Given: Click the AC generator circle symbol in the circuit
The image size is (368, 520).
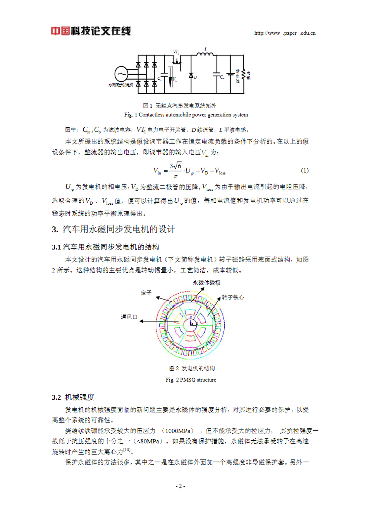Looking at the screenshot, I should pos(121,74).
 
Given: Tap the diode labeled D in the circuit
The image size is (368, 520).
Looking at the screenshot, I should pos(191,75).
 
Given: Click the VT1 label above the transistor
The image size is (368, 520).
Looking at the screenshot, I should pos(176,52).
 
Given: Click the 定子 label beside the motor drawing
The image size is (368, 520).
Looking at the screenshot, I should pos(146,293).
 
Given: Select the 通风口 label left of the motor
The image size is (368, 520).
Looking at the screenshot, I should pos(129,317).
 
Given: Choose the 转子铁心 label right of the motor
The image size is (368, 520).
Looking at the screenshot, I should pos(233,297).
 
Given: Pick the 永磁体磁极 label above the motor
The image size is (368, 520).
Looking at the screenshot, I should pos(206,283).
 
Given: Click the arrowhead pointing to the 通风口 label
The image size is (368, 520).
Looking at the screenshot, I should pos(142,321).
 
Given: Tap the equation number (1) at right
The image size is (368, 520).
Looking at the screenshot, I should pos(305,170).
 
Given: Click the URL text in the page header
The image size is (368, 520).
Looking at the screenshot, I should pos(285,33).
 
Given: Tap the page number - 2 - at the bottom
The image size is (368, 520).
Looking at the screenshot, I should pos(181,486).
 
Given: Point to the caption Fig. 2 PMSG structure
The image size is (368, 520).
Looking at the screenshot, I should pos(191,380).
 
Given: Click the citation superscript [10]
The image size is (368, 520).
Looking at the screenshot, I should pos(127,450).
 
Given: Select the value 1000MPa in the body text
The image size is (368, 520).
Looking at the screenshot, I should pos(179,431).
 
